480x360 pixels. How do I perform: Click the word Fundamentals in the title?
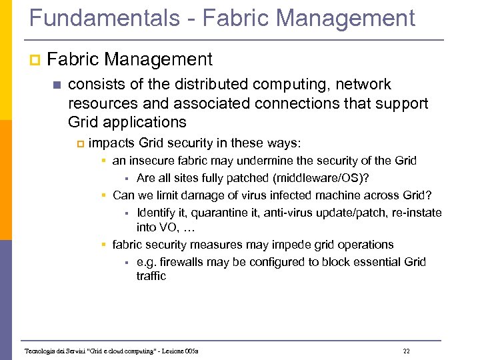pyautogui.click(x=103, y=18)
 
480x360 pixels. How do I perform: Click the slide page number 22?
pyautogui.click(x=407, y=351)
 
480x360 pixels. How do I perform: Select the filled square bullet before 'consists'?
pyautogui.click(x=55, y=85)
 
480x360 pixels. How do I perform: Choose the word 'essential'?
pyautogui.click(x=371, y=262)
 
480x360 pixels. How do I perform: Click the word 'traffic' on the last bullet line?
pyautogui.click(x=151, y=276)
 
